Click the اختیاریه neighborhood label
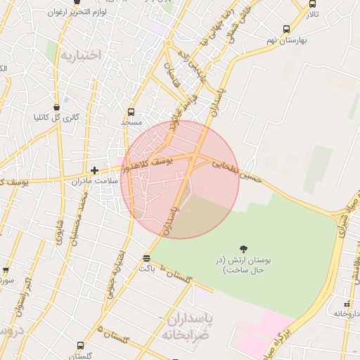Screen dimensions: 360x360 [x=80, y=54]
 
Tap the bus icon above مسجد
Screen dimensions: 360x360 [x=131, y=112]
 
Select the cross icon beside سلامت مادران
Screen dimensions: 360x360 [x=95, y=170]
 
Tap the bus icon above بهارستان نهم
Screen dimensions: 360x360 [x=285, y=29]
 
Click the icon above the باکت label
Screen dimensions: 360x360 [x=146, y=258]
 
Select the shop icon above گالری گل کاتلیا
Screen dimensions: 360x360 [x=57, y=108]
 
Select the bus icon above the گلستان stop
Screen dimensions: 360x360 [x=80, y=346]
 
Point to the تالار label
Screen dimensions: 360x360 [x=311, y=14]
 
